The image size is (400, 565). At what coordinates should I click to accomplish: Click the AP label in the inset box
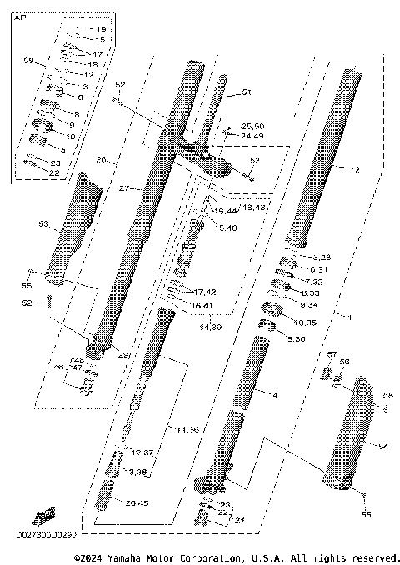(20, 27)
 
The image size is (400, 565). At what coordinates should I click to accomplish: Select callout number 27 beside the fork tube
(122, 189)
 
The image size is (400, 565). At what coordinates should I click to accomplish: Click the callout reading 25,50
(252, 126)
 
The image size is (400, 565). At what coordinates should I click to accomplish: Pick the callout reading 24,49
(252, 135)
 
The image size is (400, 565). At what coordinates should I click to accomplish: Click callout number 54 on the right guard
(382, 447)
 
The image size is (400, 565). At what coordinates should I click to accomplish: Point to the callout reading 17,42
(205, 291)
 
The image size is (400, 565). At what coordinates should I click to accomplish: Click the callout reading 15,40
(226, 227)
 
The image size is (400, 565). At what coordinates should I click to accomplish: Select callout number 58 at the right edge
(387, 395)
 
